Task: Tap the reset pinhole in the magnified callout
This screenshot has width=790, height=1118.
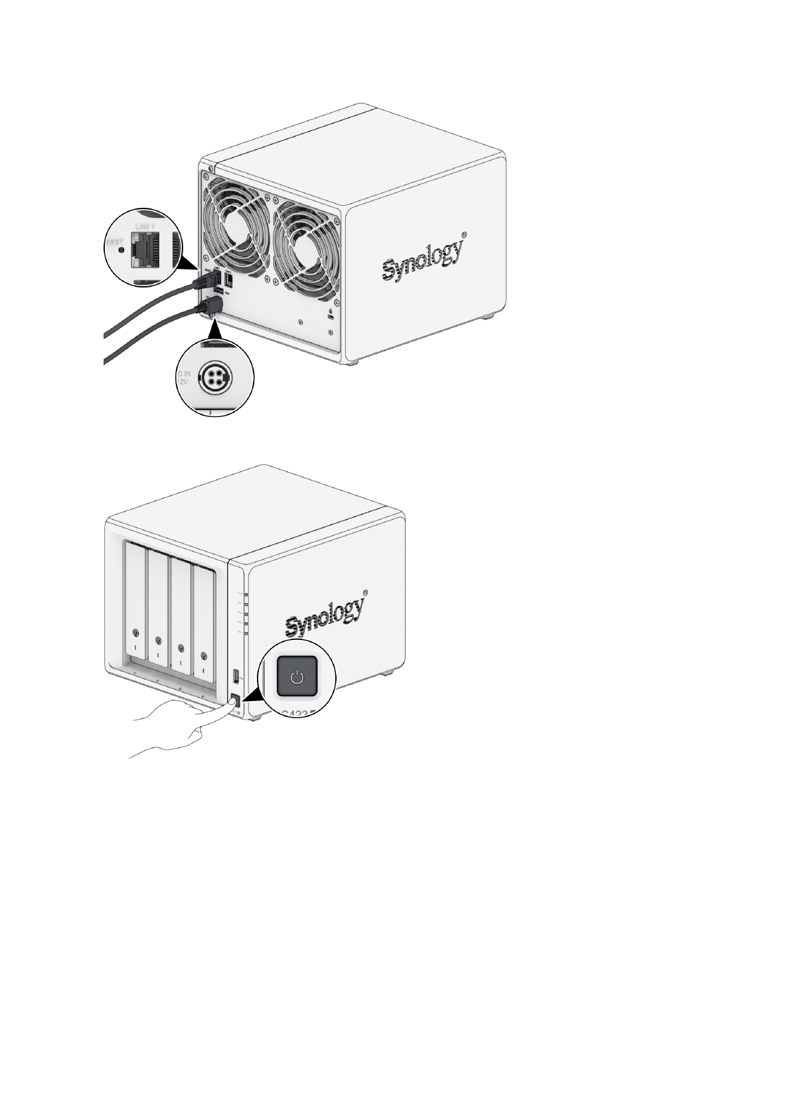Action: tap(120, 250)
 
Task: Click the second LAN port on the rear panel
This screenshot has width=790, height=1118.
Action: tap(229, 281)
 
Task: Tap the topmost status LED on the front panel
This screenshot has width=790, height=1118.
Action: tap(246, 595)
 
